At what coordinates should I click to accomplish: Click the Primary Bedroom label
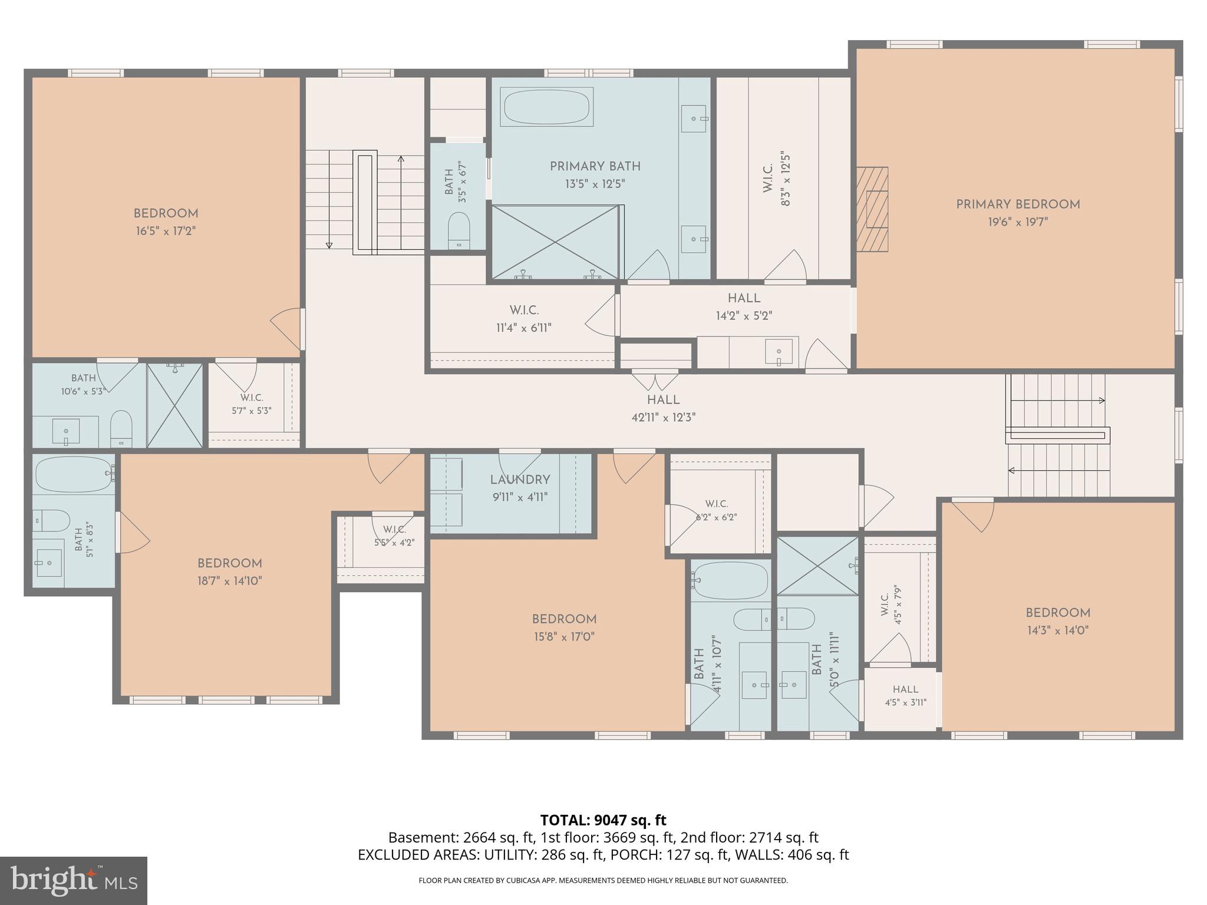click(x=1018, y=204)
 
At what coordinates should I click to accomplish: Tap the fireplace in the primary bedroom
click(x=872, y=209)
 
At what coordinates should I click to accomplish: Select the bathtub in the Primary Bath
click(x=546, y=107)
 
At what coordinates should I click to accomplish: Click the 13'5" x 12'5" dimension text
click(x=595, y=184)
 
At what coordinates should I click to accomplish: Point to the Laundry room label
click(x=520, y=480)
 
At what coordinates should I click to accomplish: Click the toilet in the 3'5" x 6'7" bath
click(x=459, y=230)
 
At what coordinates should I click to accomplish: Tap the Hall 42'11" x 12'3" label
click(x=664, y=408)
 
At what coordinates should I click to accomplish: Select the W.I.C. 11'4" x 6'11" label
click(x=524, y=319)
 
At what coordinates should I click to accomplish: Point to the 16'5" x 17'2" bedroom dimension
click(x=166, y=231)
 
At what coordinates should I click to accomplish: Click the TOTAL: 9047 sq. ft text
click(x=603, y=820)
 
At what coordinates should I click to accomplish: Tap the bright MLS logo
click(x=74, y=880)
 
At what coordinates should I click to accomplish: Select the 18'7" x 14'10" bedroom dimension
click(x=230, y=581)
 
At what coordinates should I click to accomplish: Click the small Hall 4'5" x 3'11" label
click(x=905, y=695)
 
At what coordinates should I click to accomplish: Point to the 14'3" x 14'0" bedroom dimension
click(x=1058, y=630)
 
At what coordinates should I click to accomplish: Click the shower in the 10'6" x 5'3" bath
click(x=174, y=405)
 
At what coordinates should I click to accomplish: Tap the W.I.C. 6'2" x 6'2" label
click(x=716, y=510)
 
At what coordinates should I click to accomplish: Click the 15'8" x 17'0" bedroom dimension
click(x=564, y=637)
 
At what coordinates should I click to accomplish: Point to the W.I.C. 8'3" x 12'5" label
click(x=776, y=180)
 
